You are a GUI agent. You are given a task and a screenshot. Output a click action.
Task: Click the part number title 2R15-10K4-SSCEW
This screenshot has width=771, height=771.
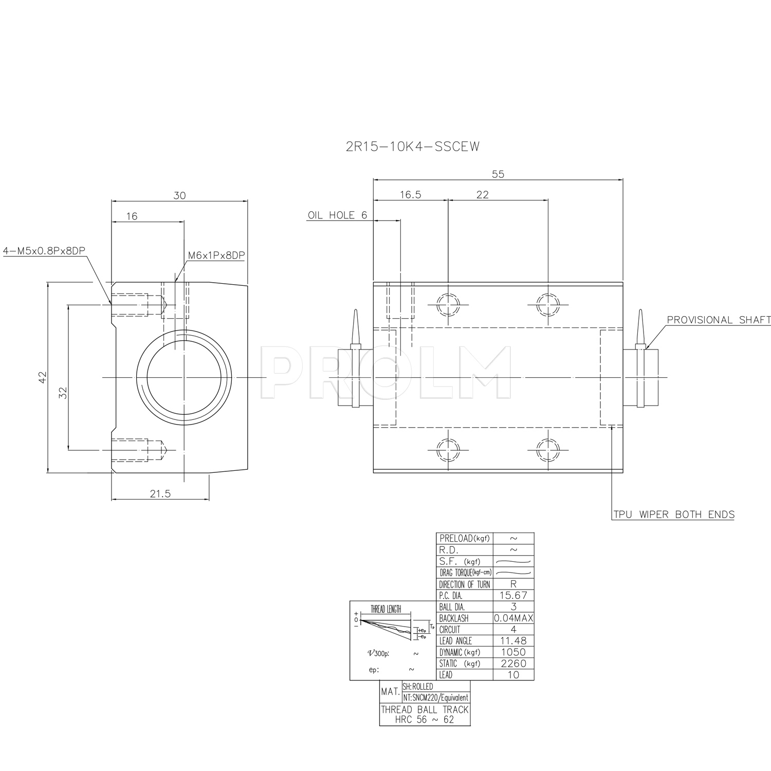[x=413, y=147]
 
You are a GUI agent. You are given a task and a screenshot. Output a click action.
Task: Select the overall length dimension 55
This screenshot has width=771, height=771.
[x=498, y=174]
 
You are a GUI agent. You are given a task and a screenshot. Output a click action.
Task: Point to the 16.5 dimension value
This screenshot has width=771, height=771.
[x=410, y=194]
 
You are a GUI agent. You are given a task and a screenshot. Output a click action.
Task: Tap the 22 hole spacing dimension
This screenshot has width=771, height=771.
[x=483, y=194]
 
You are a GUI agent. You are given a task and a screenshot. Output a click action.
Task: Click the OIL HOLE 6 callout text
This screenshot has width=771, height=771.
[x=338, y=215]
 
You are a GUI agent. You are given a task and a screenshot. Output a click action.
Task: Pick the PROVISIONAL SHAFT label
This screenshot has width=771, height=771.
[x=719, y=320]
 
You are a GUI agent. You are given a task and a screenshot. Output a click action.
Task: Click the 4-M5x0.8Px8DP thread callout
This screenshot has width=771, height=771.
[x=44, y=251]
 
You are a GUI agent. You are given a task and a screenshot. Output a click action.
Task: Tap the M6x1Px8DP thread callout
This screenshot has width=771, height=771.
[x=216, y=255]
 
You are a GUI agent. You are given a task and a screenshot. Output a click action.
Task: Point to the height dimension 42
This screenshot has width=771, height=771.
[x=43, y=377]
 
